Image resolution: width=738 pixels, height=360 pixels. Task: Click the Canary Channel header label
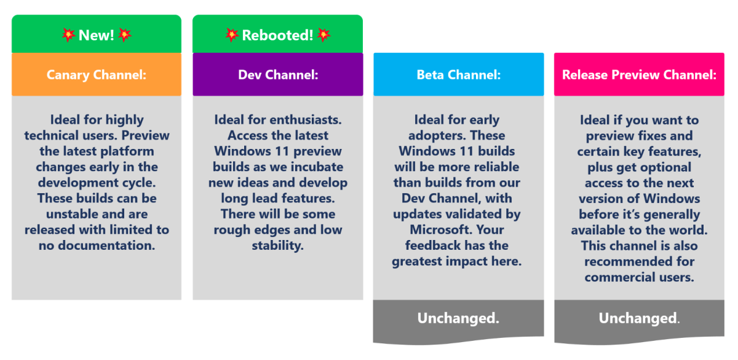(96, 75)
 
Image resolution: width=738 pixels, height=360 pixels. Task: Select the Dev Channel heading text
(278, 75)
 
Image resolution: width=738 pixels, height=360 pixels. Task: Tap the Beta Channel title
(459, 75)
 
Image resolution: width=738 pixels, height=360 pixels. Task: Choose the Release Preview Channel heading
(639, 75)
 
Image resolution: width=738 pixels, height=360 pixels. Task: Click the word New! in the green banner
(96, 35)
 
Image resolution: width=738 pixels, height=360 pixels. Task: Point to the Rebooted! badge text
(277, 35)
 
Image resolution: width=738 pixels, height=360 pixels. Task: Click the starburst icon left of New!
(68, 35)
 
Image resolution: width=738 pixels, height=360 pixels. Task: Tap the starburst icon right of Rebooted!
(323, 35)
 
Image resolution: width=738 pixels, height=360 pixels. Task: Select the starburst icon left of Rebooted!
(232, 35)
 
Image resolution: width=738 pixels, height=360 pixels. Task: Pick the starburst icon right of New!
(124, 35)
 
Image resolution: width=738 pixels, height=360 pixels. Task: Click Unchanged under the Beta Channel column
(458, 318)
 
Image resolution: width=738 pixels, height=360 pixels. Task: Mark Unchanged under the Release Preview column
(639, 318)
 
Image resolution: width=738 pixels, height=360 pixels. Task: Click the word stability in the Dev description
(278, 246)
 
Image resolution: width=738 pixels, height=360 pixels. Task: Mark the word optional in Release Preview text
(665, 167)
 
